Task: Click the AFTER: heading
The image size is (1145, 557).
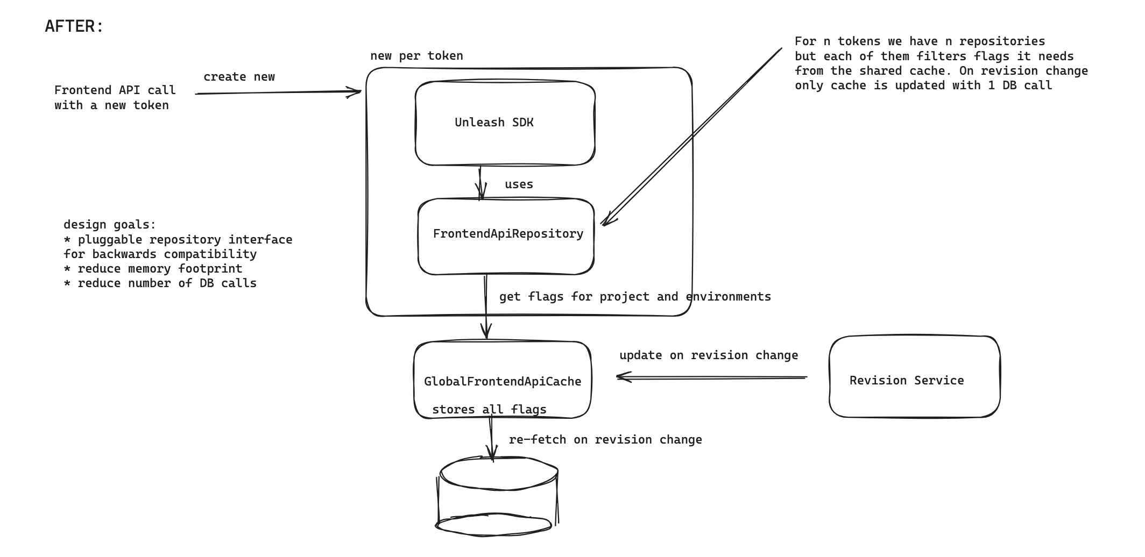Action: pyautogui.click(x=74, y=26)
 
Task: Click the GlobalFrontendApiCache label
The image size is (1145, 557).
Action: pyautogui.click(x=502, y=382)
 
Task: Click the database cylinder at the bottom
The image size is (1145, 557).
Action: pyautogui.click(x=496, y=497)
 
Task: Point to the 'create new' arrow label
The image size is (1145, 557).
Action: pyautogui.click(x=239, y=77)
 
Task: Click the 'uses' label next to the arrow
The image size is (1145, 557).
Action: pyautogui.click(x=519, y=184)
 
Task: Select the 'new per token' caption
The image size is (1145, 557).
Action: pyautogui.click(x=416, y=56)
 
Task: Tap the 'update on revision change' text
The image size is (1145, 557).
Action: pyautogui.click(x=708, y=355)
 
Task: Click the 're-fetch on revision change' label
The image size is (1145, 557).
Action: pyautogui.click(x=605, y=440)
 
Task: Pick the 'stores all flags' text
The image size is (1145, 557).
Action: pyautogui.click(x=489, y=410)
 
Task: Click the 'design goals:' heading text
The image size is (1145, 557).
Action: pyautogui.click(x=109, y=225)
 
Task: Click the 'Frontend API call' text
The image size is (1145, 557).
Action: pyautogui.click(x=115, y=90)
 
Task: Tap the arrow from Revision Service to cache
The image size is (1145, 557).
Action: pyautogui.click(x=710, y=377)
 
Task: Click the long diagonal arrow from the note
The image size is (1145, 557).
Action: pyautogui.click(x=694, y=134)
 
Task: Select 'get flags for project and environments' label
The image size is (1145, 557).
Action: pyautogui.click(x=634, y=297)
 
